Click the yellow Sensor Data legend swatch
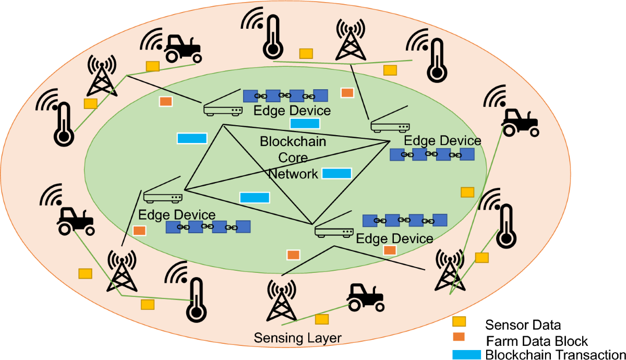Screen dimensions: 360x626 coord(459,322)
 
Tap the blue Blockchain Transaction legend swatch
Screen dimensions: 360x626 coord(466,353)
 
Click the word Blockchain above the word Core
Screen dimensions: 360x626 coord(293,141)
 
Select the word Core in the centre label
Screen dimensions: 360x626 coord(293,157)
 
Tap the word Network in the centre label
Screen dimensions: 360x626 coord(293,173)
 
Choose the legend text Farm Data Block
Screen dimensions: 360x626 coord(537,341)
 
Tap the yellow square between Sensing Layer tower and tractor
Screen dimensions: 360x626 coord(322,319)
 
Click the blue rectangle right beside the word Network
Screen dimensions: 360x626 coord(336,173)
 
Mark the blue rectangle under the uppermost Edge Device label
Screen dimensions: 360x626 coord(305,124)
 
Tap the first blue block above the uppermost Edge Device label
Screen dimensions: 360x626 coord(250,96)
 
